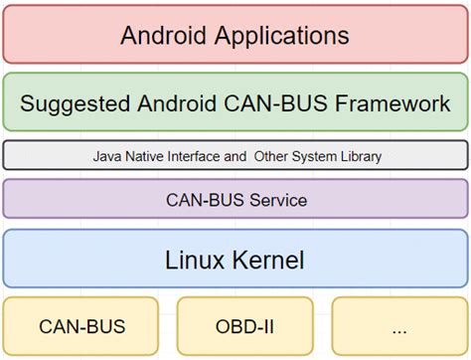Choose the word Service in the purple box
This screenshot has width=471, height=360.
pos(275,200)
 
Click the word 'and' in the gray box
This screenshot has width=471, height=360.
pos(236,156)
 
